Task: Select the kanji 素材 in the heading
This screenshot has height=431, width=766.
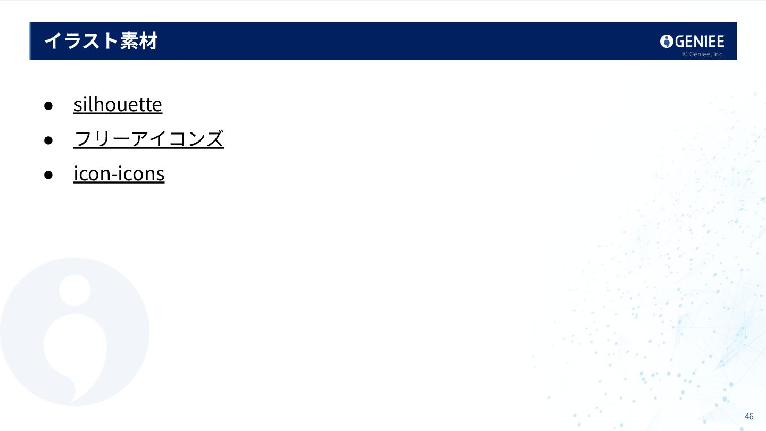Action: tap(138, 41)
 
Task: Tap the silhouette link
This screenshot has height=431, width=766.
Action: tap(118, 104)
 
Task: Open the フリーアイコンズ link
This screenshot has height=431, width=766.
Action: tap(149, 139)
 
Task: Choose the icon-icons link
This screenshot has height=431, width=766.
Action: tap(119, 174)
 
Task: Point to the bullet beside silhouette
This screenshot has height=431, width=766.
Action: tap(48, 105)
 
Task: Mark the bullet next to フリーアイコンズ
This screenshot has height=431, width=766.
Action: tap(48, 140)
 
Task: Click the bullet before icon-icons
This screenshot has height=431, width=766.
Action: tap(48, 175)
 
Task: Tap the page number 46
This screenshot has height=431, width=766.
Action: tap(749, 416)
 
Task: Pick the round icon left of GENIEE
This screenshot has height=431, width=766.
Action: tap(667, 42)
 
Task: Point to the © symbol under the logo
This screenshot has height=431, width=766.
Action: tap(685, 54)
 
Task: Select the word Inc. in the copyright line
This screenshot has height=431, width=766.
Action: tap(718, 54)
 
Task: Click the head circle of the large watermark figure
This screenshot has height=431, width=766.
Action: tap(74, 290)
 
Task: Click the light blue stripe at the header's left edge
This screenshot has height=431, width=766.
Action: tap(30, 41)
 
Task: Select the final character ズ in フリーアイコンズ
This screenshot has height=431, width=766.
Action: tap(214, 139)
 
